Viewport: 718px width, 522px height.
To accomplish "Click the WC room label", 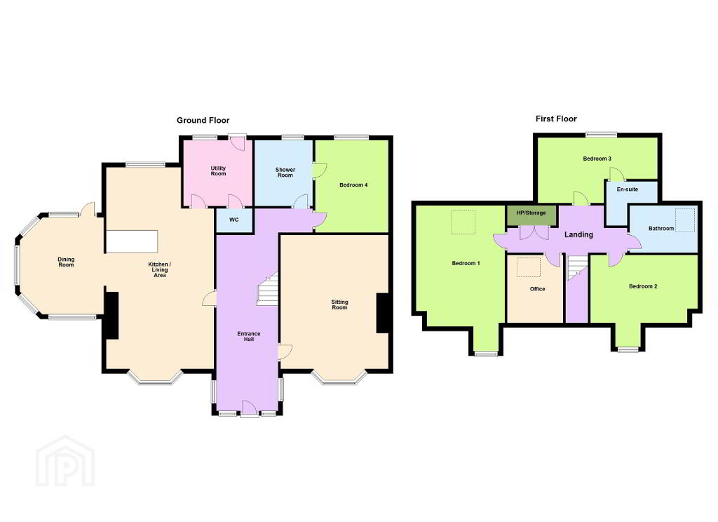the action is [x=233, y=220].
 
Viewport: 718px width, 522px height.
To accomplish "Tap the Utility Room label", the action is [x=219, y=171].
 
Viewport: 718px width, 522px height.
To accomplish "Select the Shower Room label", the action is [x=285, y=173].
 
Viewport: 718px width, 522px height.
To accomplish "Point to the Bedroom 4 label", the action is [x=353, y=185].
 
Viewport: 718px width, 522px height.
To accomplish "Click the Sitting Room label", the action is [x=340, y=304].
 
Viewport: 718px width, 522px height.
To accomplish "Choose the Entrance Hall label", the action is [x=249, y=336].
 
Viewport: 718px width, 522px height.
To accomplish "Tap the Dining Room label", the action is [x=66, y=262].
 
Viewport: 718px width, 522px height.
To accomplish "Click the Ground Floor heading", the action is [x=203, y=121].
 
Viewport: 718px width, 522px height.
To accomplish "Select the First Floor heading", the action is [x=556, y=119].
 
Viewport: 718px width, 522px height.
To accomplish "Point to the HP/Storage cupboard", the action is [x=531, y=215].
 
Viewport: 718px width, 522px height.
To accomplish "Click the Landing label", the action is [x=578, y=234].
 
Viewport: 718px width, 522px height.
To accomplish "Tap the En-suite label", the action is [x=628, y=189].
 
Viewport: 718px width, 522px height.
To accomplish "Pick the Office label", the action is [x=538, y=289].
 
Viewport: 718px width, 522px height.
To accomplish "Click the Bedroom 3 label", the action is [x=597, y=159].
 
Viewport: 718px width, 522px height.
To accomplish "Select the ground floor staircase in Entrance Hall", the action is [x=268, y=289].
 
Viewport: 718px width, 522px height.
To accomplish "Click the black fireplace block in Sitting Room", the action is [x=383, y=313].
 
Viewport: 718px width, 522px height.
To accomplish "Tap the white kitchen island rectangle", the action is [x=133, y=241].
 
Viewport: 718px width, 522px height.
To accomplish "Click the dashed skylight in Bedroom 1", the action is [x=463, y=222].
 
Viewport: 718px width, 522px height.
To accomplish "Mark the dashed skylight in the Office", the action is [x=529, y=267].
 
